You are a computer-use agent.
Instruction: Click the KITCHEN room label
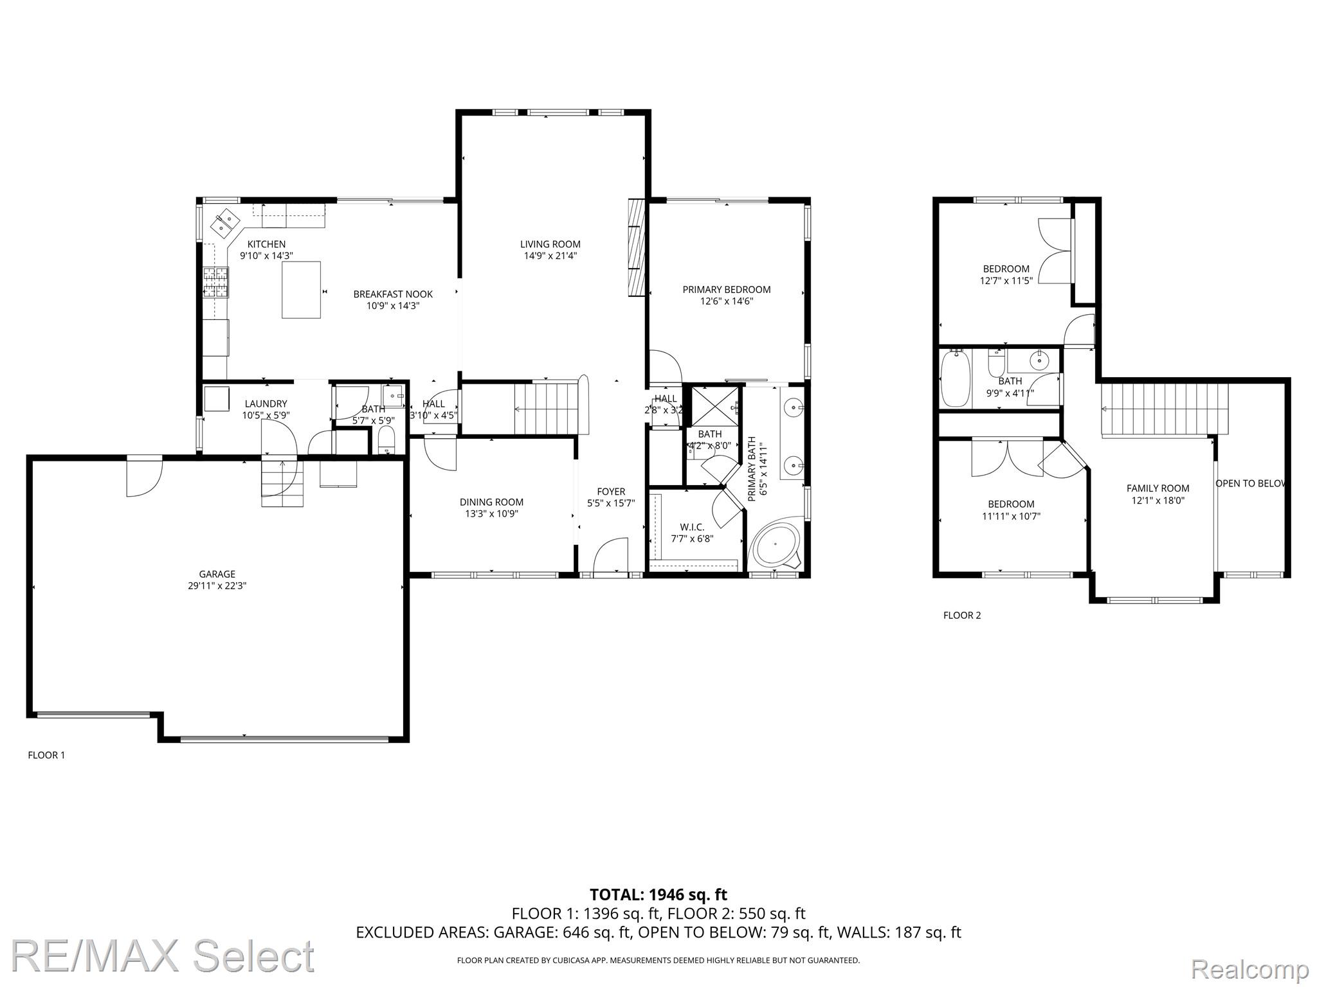(x=267, y=244)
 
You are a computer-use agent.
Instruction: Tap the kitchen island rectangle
(x=301, y=290)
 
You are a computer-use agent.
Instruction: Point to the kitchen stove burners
(x=215, y=282)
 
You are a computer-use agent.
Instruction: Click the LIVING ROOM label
(x=550, y=244)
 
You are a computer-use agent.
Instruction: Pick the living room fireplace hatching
(x=637, y=247)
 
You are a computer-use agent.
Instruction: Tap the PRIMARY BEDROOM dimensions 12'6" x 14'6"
(x=727, y=301)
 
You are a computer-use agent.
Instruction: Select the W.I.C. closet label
(x=692, y=528)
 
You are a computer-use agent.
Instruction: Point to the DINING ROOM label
(x=491, y=502)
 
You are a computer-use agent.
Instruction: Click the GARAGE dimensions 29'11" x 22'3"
(x=217, y=586)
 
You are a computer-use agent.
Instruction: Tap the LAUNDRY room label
(x=266, y=404)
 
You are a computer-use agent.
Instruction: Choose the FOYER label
(x=611, y=492)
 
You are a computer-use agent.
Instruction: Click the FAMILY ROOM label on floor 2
(x=1158, y=488)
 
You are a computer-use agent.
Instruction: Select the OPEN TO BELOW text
(x=1250, y=483)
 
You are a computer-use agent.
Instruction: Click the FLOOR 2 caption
(x=962, y=616)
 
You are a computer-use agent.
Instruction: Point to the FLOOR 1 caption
(x=46, y=755)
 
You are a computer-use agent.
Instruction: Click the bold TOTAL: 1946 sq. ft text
(x=658, y=894)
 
